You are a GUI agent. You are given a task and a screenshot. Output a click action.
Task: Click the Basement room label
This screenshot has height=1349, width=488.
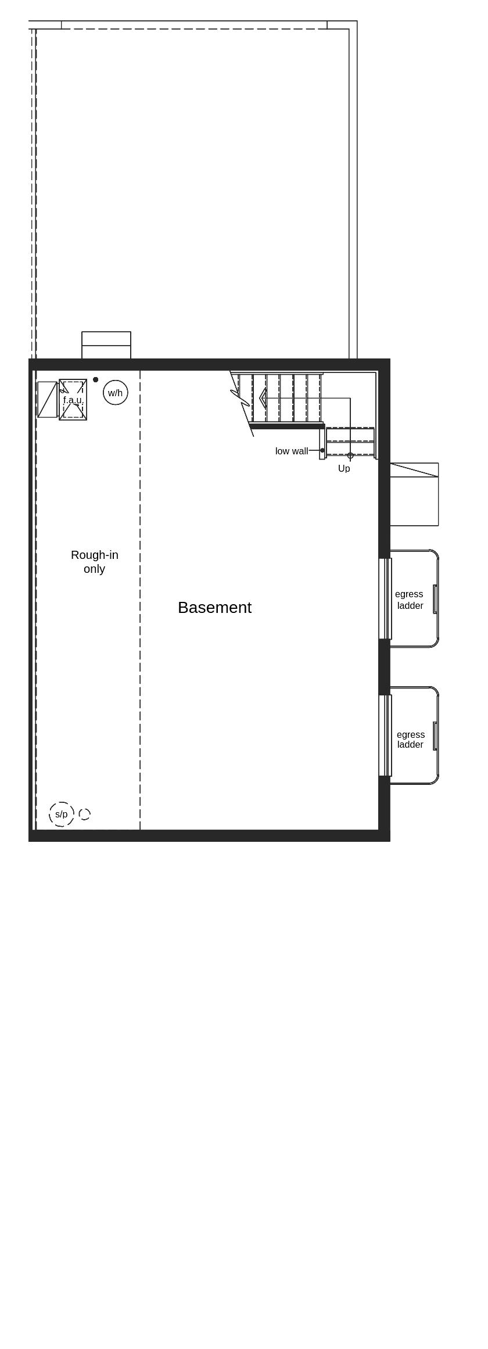(x=214, y=607)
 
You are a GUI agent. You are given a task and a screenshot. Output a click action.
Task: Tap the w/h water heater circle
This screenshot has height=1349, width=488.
(x=115, y=393)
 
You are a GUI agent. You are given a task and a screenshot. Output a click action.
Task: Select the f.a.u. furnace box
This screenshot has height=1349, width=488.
(x=73, y=400)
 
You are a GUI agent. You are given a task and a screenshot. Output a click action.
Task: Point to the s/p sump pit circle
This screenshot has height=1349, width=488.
(x=62, y=814)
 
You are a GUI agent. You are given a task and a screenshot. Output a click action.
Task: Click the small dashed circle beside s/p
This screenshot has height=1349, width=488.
(x=85, y=814)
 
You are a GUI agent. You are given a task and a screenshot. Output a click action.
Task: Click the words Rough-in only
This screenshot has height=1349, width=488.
(x=94, y=562)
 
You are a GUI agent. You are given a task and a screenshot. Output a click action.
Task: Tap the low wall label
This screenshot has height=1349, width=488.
(x=291, y=451)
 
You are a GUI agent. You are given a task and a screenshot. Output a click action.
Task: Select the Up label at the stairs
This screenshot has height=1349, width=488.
(x=344, y=468)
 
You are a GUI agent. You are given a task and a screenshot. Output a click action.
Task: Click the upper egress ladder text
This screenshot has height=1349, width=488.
(x=410, y=600)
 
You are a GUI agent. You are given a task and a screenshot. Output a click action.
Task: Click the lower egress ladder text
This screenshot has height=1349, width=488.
(x=410, y=739)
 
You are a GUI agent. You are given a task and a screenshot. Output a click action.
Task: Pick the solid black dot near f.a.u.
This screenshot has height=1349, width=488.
(x=96, y=379)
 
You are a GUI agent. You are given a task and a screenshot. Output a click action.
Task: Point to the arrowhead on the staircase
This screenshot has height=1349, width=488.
(x=263, y=398)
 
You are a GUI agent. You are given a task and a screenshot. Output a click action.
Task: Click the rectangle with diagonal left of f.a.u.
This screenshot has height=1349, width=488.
(x=47, y=399)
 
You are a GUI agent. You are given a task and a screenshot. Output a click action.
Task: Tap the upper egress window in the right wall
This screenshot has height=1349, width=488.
(x=385, y=598)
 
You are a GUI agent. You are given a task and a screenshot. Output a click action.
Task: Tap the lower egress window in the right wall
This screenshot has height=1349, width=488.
(x=385, y=735)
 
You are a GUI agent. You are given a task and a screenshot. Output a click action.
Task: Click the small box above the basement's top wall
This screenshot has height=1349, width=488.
(x=106, y=345)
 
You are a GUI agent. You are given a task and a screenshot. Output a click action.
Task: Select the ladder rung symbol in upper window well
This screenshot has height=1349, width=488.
(x=435, y=598)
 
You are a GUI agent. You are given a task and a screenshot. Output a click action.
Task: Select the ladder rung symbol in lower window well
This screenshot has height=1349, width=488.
(x=435, y=736)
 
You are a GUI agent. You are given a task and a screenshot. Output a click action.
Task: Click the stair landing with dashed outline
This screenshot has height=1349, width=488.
(x=350, y=442)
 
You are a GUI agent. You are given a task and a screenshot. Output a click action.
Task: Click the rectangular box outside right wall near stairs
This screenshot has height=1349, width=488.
(x=414, y=494)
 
